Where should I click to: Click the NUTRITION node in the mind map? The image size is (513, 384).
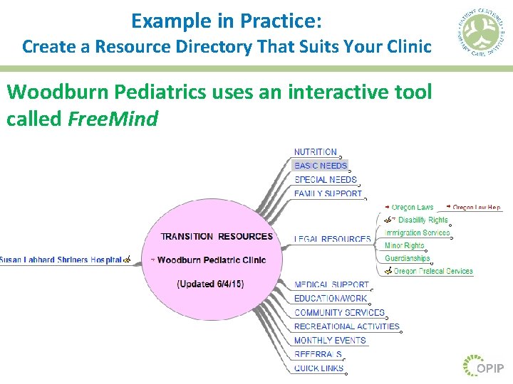pos(316,152)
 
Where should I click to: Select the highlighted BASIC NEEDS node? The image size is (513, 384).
pos(321,166)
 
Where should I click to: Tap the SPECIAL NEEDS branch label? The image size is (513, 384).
pos(325,180)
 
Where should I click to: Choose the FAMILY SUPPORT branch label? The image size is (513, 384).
pos(328,193)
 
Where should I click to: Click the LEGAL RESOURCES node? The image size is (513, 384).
pos(332,240)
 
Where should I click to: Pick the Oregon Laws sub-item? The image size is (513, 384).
pos(412,208)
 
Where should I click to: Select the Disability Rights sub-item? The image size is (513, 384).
pos(423,220)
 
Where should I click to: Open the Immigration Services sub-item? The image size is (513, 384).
pos(417,233)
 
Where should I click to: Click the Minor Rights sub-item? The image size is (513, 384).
pos(404,246)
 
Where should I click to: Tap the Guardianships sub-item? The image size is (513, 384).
pos(407,259)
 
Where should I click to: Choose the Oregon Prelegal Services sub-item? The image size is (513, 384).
pos(432,271)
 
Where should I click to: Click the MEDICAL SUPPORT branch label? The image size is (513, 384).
pos(331,285)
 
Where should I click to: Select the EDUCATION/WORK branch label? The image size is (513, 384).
pos(331,299)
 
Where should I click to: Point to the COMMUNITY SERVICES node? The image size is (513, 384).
pos(339,313)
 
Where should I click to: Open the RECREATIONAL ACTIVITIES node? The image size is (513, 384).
pos(347,326)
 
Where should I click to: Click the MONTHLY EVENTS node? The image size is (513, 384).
pos(330,341)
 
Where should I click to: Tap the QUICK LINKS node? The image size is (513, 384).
pos(318,368)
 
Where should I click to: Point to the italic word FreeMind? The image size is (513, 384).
pos(113,119)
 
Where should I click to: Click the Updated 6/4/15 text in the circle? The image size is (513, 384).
pos(210,284)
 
